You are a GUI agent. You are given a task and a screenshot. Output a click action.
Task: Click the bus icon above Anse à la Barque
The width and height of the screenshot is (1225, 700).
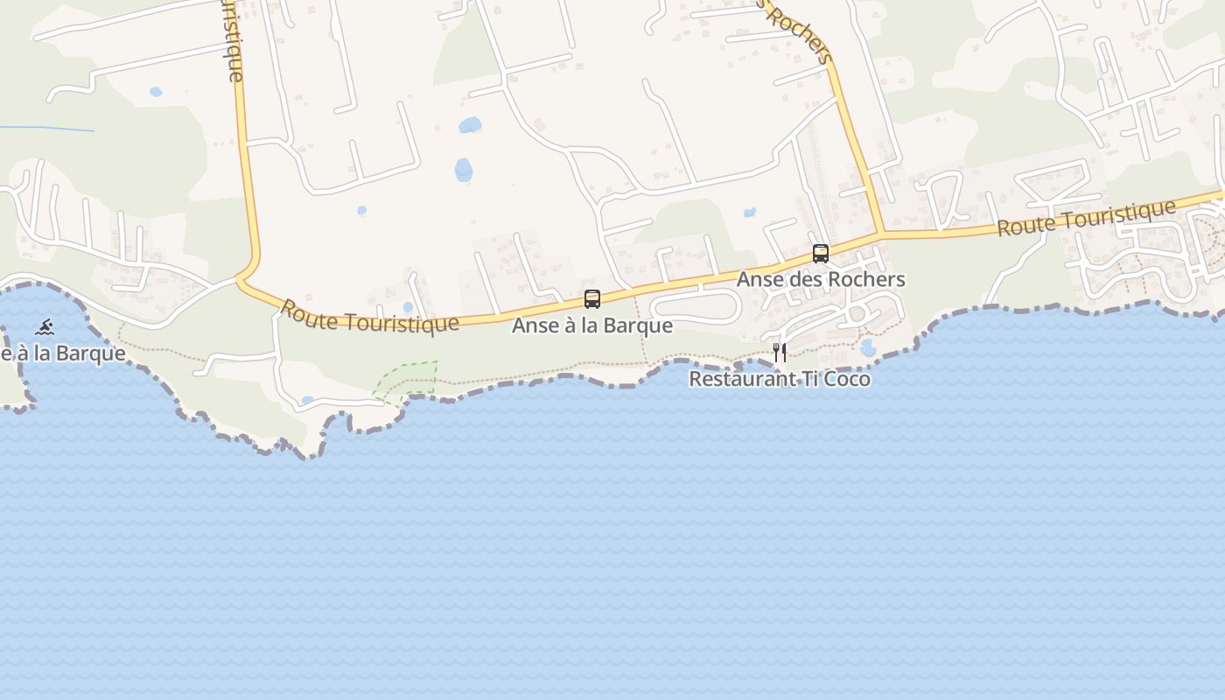pyautogui.click(x=592, y=299)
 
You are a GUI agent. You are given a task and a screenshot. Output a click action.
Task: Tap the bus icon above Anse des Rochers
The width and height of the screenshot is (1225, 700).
pyautogui.click(x=821, y=254)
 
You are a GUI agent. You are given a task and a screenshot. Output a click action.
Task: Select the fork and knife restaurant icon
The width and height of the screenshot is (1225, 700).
pyautogui.click(x=780, y=353)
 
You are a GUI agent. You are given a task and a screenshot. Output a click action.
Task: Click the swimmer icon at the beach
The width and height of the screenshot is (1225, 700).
pyautogui.click(x=45, y=328)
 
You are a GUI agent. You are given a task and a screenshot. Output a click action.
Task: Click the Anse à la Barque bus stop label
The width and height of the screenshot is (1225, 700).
pyautogui.click(x=592, y=325)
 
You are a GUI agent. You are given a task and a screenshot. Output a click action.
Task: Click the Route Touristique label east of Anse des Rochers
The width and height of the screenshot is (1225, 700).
pyautogui.click(x=1086, y=218)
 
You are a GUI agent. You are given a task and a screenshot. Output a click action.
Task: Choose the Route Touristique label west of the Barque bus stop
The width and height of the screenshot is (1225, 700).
pyautogui.click(x=368, y=317)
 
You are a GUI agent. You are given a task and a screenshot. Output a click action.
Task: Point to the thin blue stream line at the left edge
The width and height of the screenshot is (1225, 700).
pyautogui.click(x=48, y=129)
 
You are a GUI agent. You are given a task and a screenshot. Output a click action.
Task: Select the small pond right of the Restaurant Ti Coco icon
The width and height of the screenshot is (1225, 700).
pyautogui.click(x=868, y=348)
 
